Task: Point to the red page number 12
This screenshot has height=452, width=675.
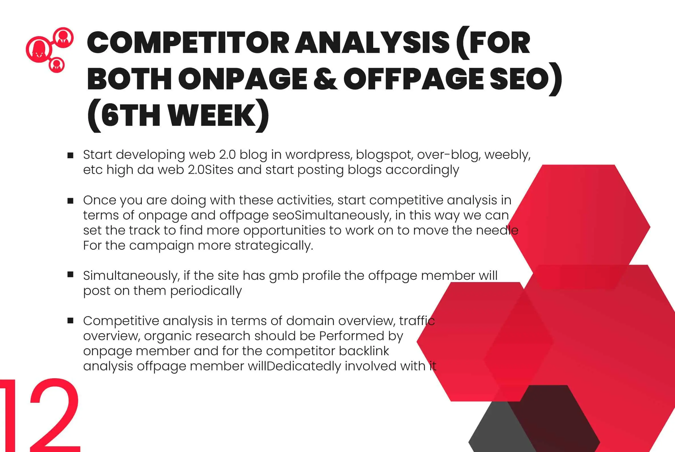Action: pos(40,415)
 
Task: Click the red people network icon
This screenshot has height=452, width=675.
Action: pos(49,50)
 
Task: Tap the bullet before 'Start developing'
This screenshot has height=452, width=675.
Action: pos(70,156)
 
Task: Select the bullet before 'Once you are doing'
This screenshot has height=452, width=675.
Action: pos(70,201)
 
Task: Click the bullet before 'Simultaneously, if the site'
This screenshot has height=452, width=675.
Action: pos(70,274)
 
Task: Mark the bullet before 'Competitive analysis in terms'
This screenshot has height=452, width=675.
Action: pos(70,320)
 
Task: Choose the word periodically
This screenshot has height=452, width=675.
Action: pos(206,291)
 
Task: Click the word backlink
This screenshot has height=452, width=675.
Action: pos(364,351)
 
